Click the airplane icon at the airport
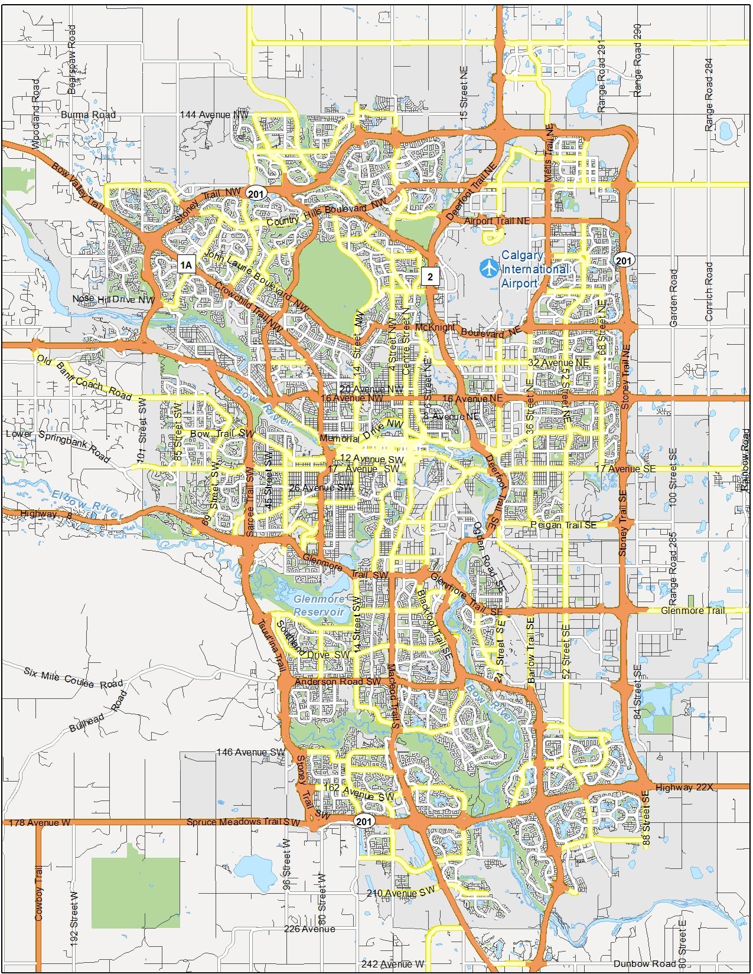489,268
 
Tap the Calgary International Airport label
534,269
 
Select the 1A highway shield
186,264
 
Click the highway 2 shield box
431,276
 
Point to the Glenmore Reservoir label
319,606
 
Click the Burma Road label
88,115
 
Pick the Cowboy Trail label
39,893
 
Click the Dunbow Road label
644,963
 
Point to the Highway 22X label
684,787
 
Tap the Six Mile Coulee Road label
73,677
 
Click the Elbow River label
86,504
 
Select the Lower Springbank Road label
58,445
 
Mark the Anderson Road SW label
338,682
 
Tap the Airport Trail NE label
497,221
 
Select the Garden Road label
674,298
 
